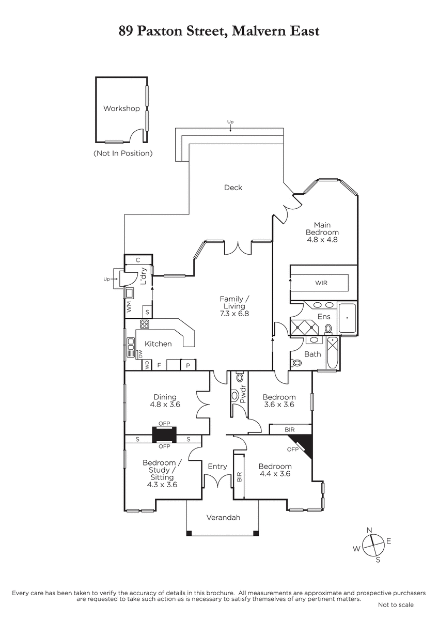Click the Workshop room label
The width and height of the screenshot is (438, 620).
121,109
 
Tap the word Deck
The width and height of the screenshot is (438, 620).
233,188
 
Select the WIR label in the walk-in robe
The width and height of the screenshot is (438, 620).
321,283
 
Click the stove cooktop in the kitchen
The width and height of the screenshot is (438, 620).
144,324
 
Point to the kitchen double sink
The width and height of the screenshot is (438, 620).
131,348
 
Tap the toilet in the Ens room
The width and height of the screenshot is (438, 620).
328,329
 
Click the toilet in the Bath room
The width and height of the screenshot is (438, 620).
296,362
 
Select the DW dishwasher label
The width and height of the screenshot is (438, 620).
140,354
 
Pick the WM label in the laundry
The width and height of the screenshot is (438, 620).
129,307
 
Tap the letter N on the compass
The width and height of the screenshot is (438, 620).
369,530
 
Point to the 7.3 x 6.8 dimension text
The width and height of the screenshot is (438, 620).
234,314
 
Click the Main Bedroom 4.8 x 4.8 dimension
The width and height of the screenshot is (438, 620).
322,240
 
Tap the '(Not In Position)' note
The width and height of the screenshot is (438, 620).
123,153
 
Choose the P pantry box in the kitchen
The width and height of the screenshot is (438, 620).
188,365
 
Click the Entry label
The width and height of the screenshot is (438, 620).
217,467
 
